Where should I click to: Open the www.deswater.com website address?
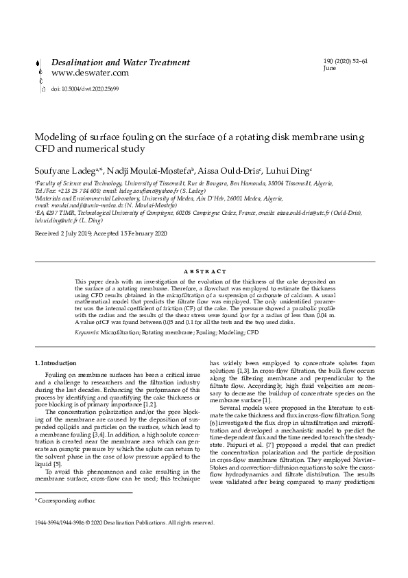click(90, 73)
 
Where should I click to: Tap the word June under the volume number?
click(330, 69)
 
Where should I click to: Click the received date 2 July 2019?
click(71, 234)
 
